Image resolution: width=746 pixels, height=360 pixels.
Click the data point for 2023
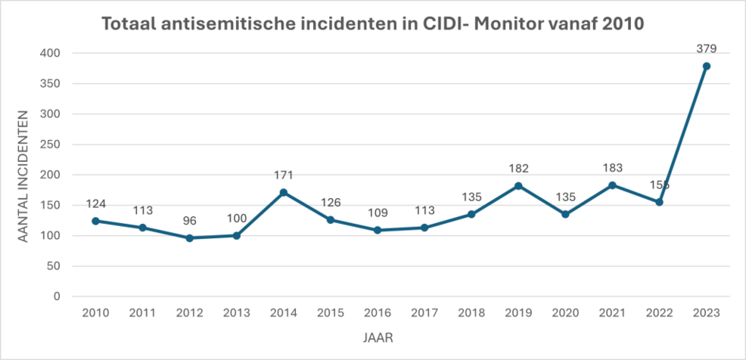point(706,67)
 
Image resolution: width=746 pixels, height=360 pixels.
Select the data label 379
point(706,49)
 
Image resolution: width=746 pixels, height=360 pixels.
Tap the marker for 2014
point(283,192)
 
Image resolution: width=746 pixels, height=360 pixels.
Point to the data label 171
point(283,175)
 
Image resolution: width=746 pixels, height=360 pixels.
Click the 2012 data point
point(189,237)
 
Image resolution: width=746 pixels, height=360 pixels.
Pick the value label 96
point(189,222)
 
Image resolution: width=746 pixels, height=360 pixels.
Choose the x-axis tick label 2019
point(518,312)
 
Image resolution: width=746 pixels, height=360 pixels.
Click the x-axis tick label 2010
point(95,312)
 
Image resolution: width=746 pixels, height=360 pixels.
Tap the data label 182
point(518,169)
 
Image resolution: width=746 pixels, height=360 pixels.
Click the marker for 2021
point(612,185)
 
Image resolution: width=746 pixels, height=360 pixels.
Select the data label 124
point(95,204)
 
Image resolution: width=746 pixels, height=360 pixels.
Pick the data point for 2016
point(378,230)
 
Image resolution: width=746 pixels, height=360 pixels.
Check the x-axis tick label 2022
point(659,312)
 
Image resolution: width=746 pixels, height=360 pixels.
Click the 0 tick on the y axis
point(57,296)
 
